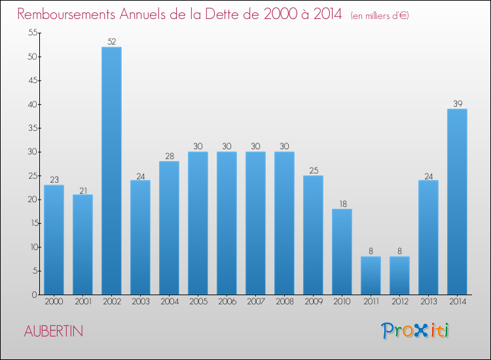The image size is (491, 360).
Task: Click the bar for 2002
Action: pos(111,170)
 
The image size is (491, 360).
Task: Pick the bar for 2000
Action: pos(54,240)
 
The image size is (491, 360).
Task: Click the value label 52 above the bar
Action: pos(111,42)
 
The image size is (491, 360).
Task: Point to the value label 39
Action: pos(457,103)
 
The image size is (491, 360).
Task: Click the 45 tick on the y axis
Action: pos(31,81)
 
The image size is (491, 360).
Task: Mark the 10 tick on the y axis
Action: pos(31,247)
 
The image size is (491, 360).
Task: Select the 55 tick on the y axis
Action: pos(31,33)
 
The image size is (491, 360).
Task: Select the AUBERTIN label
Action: pos(54,331)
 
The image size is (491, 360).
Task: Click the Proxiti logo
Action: pos(415,331)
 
